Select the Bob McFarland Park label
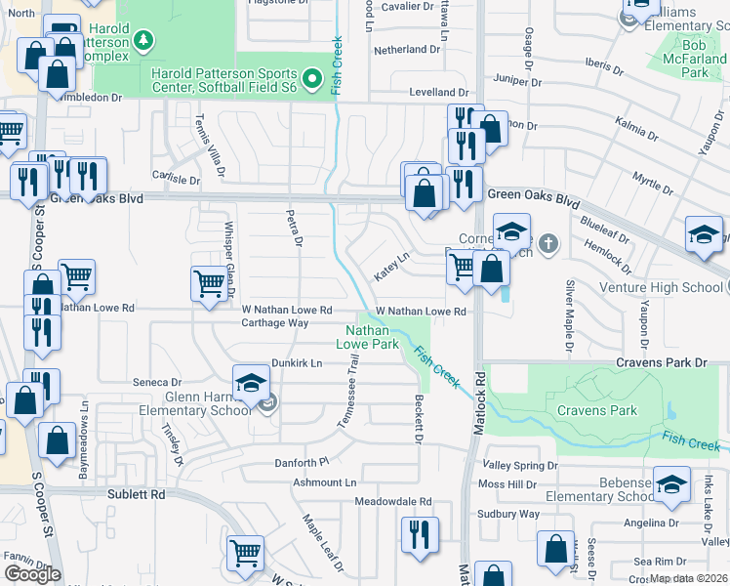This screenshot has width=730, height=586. click(694, 59)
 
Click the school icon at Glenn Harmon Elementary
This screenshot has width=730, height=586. click(251, 382)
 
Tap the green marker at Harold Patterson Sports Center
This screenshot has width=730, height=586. click(312, 78)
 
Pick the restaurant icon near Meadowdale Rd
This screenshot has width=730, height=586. click(420, 534)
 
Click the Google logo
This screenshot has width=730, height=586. click(32, 574)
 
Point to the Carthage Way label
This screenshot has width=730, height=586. click(275, 322)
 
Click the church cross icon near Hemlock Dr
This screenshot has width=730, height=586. click(548, 242)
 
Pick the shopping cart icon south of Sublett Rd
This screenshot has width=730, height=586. click(245, 552)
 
